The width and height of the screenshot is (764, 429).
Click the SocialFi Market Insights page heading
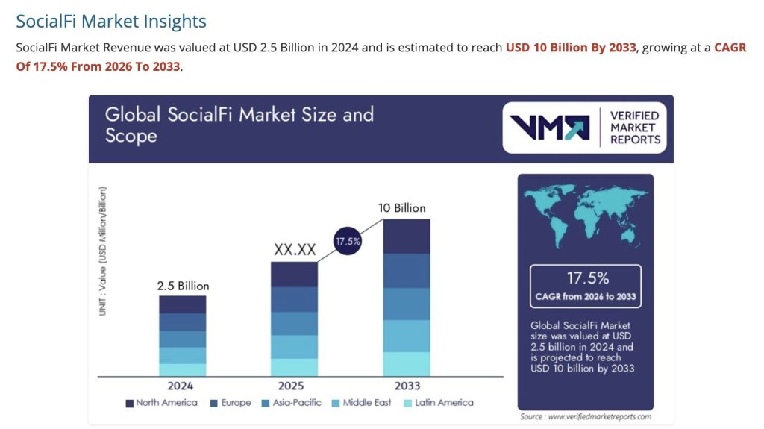111,21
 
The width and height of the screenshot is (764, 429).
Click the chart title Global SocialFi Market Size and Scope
239,125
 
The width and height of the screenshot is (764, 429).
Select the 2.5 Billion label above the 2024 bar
183,286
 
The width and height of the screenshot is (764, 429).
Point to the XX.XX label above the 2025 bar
294,250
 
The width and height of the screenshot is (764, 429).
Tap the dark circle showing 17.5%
346,241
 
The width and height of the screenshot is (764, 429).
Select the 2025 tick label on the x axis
294,386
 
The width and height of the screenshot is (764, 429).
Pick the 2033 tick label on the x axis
407,386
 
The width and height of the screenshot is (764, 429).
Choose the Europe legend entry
231,403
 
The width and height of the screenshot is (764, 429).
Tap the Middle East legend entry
363,403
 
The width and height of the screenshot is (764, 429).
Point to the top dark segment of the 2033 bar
407,237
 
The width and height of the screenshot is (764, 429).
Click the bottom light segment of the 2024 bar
182,369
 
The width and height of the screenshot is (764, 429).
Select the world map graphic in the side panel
585,216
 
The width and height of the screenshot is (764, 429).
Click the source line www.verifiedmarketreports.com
586,416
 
